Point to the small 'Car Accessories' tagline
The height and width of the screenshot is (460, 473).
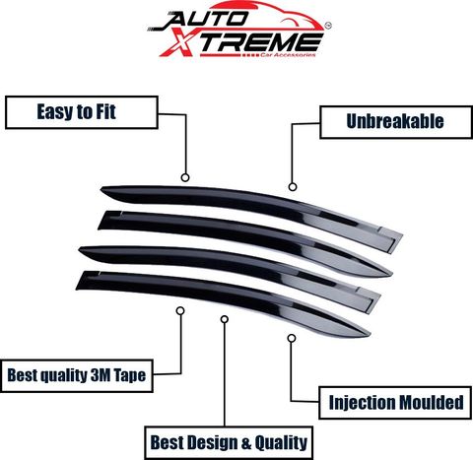click(288, 55)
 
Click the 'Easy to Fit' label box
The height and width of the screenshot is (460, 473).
click(82, 112)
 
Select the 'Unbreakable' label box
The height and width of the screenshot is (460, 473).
click(396, 122)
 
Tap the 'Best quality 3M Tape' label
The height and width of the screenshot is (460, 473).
click(77, 375)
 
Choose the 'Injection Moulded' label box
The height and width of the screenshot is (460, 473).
click(395, 403)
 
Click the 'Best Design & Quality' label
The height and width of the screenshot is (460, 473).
click(229, 442)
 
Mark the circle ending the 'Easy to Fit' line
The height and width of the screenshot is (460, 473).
click(185, 178)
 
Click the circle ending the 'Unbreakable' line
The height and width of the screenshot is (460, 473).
click(293, 187)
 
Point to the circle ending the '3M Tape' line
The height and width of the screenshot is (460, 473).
click(180, 310)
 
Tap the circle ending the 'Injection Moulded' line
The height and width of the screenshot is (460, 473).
click(292, 338)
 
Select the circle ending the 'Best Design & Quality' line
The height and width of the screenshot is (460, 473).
click(225, 319)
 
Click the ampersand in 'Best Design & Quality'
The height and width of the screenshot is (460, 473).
click(247, 443)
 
